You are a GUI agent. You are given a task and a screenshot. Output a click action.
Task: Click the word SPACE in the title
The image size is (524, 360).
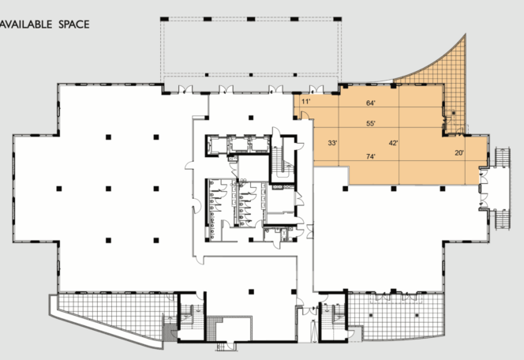tap(73, 24)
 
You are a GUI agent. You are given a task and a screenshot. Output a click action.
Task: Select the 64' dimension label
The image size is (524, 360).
tap(370, 103)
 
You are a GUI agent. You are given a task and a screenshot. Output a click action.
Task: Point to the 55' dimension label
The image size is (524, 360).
tap(370, 123)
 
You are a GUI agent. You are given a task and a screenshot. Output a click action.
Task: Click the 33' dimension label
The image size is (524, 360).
tap(332, 143)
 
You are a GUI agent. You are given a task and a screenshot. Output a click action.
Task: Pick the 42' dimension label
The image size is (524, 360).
tap(393, 143)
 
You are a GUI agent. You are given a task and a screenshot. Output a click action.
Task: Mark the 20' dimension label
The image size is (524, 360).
tap(458, 152)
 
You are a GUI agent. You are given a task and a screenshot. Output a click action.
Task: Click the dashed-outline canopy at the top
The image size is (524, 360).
tap(251, 47)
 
